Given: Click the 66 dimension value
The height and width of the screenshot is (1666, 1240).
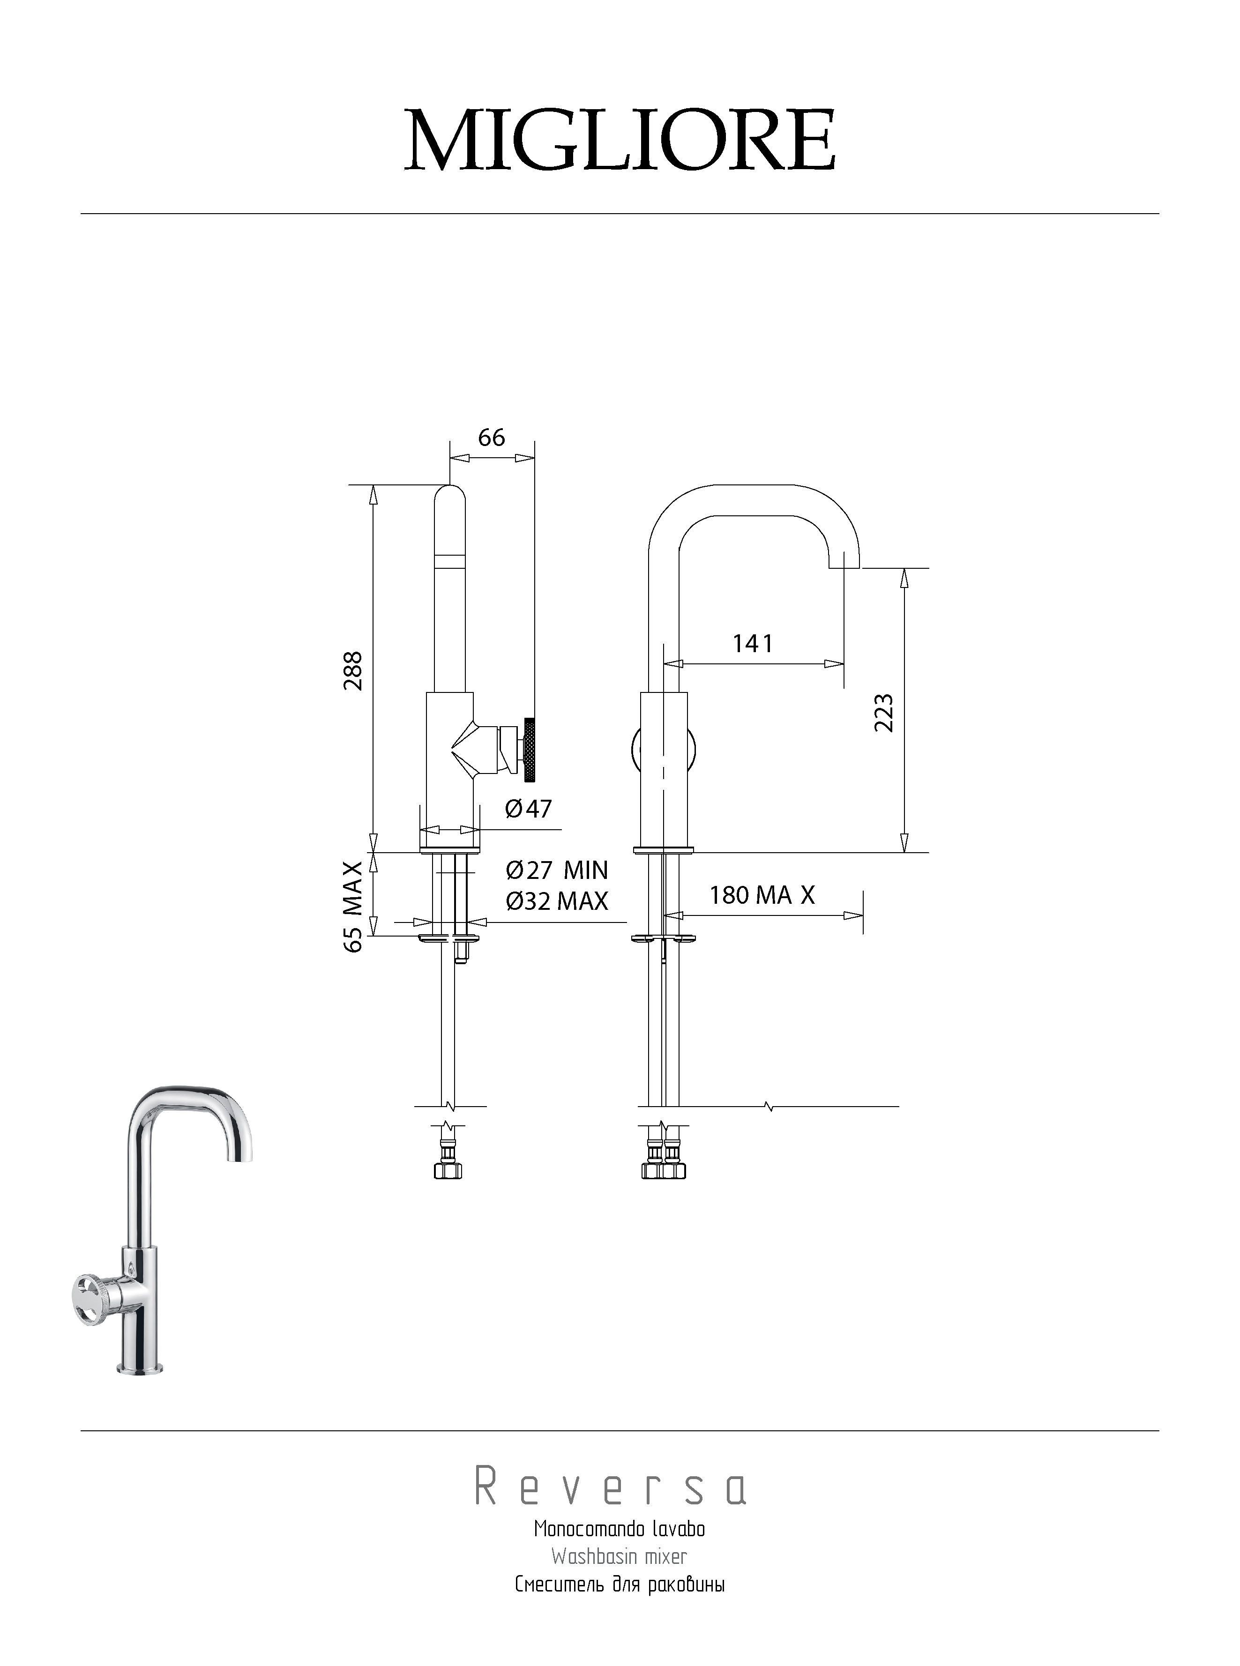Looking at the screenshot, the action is pyautogui.click(x=492, y=437).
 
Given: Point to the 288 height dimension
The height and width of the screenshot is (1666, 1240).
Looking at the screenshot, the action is pyautogui.click(x=353, y=670).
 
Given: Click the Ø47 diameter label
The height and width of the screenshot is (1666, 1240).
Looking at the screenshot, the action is pyautogui.click(x=529, y=808).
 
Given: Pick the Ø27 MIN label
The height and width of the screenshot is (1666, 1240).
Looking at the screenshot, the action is pyautogui.click(x=557, y=870).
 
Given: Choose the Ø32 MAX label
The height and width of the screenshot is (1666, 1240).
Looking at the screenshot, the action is pyautogui.click(x=557, y=900).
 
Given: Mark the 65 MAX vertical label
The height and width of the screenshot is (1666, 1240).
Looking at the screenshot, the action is pyautogui.click(x=353, y=907).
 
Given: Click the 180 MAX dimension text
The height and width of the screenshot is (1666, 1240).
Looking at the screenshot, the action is pyautogui.click(x=762, y=894).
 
